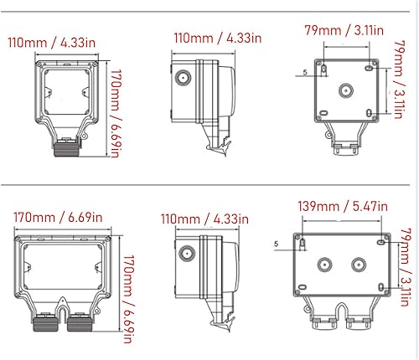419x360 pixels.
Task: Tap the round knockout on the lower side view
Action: point(184,250)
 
